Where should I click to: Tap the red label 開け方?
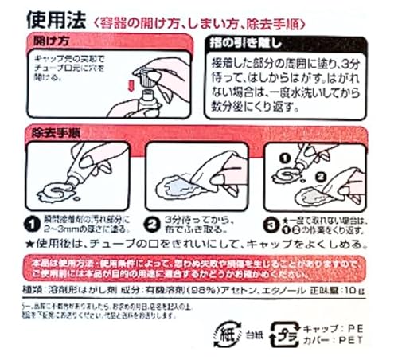55,39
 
